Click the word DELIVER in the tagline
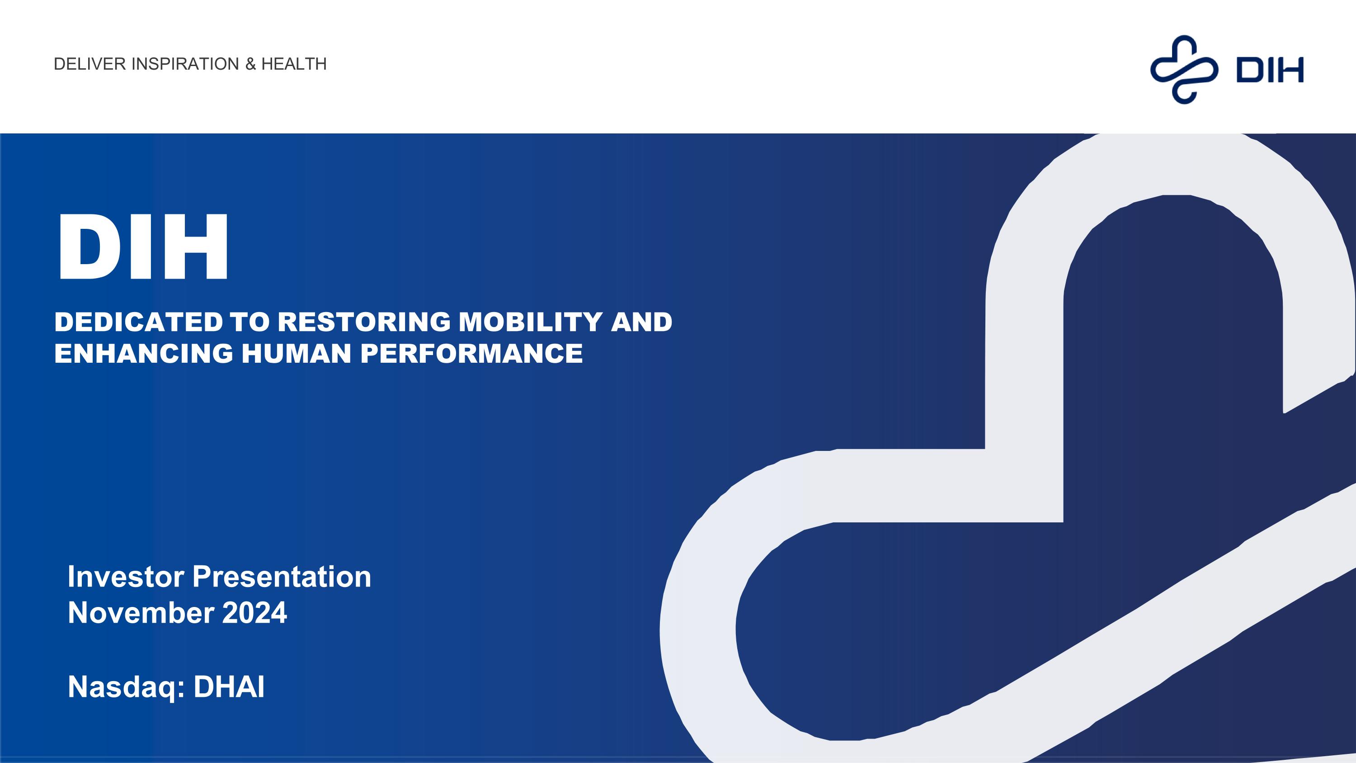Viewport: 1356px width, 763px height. coord(90,64)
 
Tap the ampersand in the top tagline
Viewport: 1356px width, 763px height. coord(250,64)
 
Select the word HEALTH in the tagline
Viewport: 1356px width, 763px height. coord(294,64)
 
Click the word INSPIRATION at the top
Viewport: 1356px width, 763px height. coord(185,64)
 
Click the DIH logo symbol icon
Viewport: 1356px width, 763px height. coord(1184,69)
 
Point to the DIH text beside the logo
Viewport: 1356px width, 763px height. coord(1269,71)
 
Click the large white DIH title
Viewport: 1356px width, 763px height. coord(143,246)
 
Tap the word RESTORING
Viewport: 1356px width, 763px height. coord(364,322)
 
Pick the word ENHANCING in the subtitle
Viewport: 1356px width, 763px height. coord(143,353)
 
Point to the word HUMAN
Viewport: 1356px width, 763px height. coord(297,353)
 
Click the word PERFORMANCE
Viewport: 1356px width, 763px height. coord(471,353)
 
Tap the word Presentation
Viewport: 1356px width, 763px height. coord(282,577)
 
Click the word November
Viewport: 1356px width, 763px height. coord(141,613)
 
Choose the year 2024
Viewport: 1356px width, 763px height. coord(254,613)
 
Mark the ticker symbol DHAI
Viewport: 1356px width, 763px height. coord(229,687)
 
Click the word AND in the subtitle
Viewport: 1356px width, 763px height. coord(641,322)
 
